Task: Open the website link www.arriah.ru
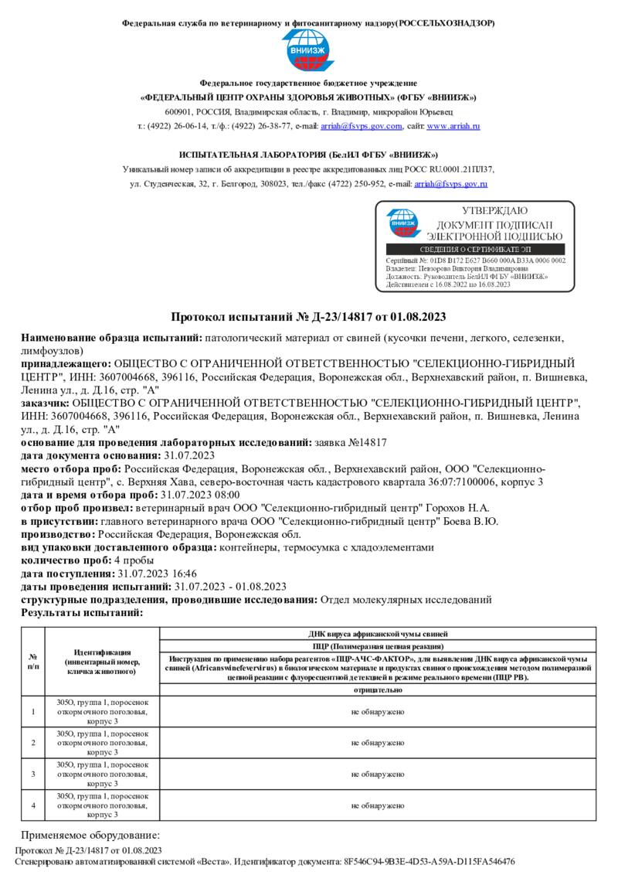tap(453, 126)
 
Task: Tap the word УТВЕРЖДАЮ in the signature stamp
tap(494, 211)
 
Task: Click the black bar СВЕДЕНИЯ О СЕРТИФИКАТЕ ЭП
tap(475, 250)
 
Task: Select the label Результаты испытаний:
tap(82, 612)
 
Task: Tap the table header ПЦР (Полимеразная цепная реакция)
tap(377, 645)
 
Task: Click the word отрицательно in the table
tap(377, 689)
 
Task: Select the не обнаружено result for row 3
tap(377, 774)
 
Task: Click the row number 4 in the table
tap(32, 805)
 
